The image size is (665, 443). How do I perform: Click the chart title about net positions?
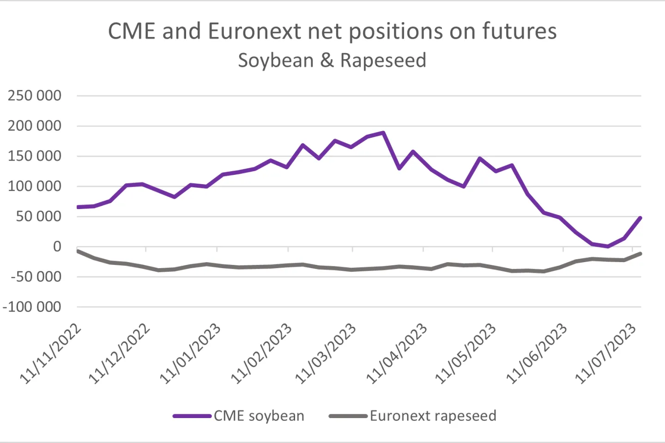coord(332,31)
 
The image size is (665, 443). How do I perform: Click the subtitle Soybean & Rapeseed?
coord(332,60)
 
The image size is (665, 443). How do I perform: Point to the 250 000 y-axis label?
coord(35,96)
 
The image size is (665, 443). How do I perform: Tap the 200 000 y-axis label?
coord(35,126)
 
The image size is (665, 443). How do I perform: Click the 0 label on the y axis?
coord(57,247)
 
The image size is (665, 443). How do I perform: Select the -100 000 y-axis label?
coord(32,307)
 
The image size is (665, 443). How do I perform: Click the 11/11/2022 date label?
coord(51,354)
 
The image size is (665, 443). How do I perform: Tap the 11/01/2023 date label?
coord(190,354)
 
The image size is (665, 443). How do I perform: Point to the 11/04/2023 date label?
coord(397,354)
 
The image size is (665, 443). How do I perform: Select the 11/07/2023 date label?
coord(605,354)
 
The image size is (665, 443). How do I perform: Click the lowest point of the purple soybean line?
coord(608,246)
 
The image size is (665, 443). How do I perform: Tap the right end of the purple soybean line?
coord(641,218)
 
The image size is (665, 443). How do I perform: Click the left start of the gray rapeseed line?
coord(78,251)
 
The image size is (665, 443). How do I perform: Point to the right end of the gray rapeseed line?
coord(641,253)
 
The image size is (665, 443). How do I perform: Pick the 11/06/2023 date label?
coord(537,354)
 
